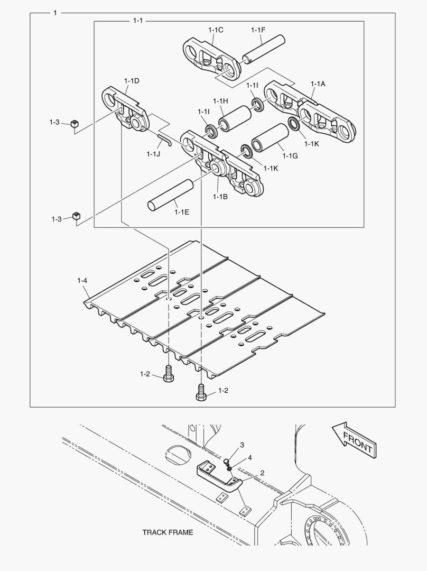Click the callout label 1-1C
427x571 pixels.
pyautogui.click(x=216, y=30)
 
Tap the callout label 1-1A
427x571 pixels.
pyautogui.click(x=318, y=84)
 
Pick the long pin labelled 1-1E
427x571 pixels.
pyautogui.click(x=171, y=195)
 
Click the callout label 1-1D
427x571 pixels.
pyautogui.click(x=132, y=80)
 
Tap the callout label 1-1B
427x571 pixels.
pyautogui.click(x=220, y=197)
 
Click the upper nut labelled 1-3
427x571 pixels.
pyautogui.click(x=74, y=124)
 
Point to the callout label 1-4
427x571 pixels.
pyautogui.click(x=82, y=280)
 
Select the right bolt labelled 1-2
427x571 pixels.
pyautogui.click(x=201, y=392)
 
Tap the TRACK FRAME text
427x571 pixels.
pyautogui.click(x=168, y=532)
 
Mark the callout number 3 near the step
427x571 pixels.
pyautogui.click(x=242, y=445)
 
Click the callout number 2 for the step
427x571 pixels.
pyautogui.click(x=262, y=472)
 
